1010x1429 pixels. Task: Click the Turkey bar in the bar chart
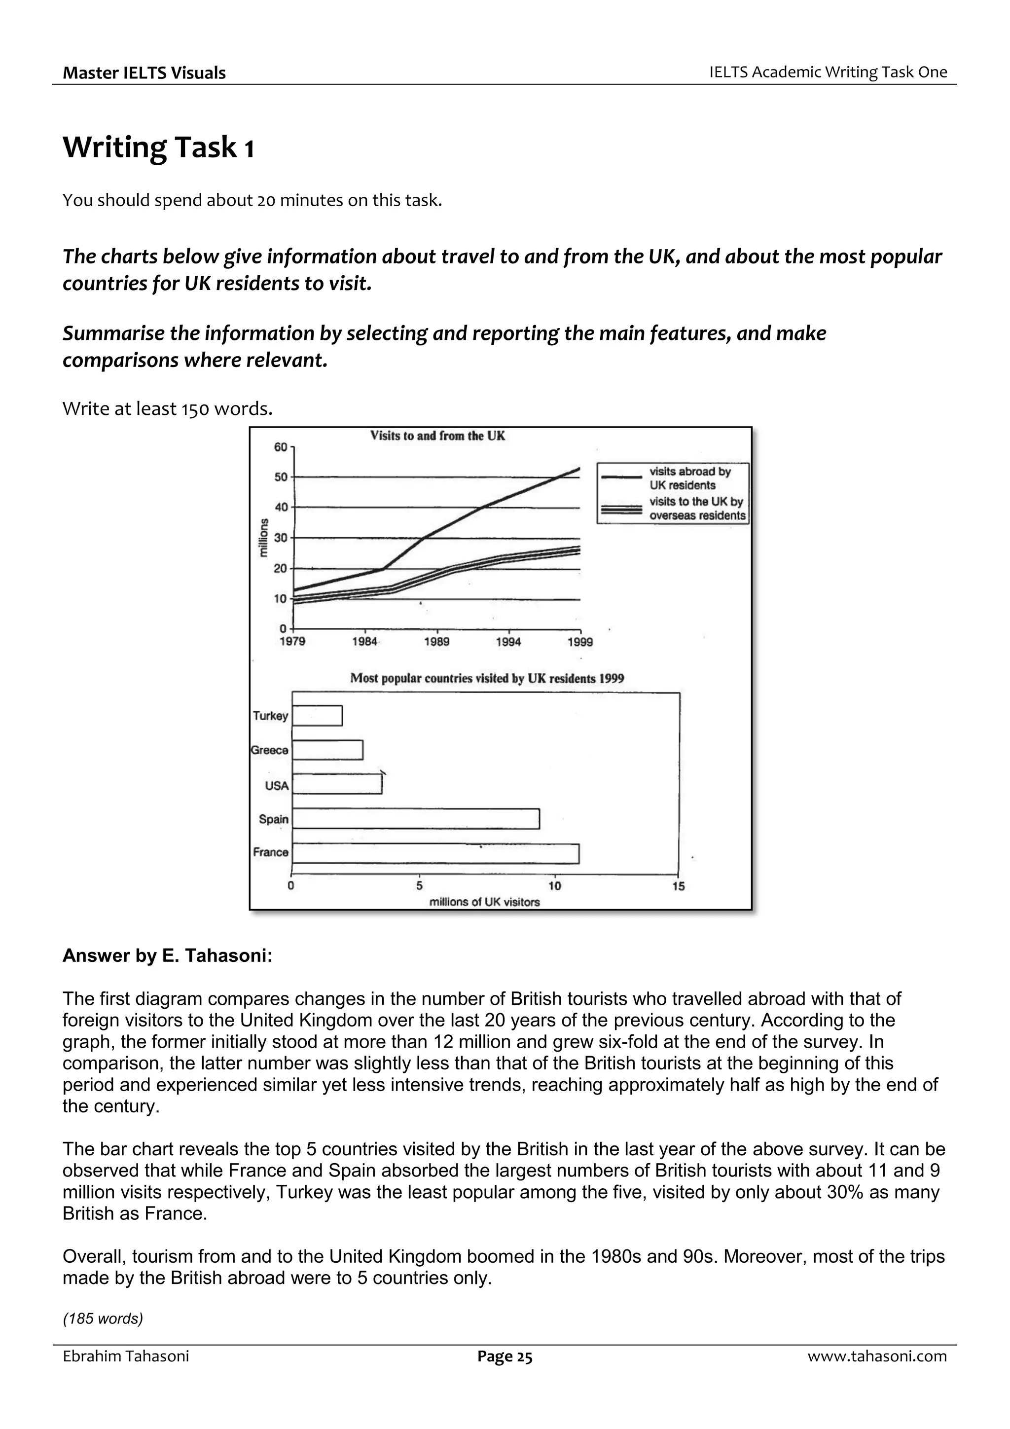point(318,716)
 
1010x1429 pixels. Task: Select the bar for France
point(435,853)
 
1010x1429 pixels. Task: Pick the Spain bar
point(416,818)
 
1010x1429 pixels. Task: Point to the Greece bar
point(327,750)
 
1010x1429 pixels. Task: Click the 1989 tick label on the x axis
point(437,642)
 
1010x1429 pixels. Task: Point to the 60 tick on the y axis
point(281,447)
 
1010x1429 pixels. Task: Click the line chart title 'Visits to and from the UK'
point(437,436)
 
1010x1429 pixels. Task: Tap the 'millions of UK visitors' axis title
point(485,902)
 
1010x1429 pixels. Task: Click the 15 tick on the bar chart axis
point(678,886)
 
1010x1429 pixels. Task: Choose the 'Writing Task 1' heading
point(158,148)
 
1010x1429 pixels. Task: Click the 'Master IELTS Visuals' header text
point(144,73)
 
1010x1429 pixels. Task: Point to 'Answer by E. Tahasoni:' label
point(167,955)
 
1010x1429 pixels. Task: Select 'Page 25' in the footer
point(505,1356)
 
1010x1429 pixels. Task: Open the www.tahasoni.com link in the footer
point(877,1356)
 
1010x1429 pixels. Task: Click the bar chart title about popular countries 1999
point(487,678)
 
